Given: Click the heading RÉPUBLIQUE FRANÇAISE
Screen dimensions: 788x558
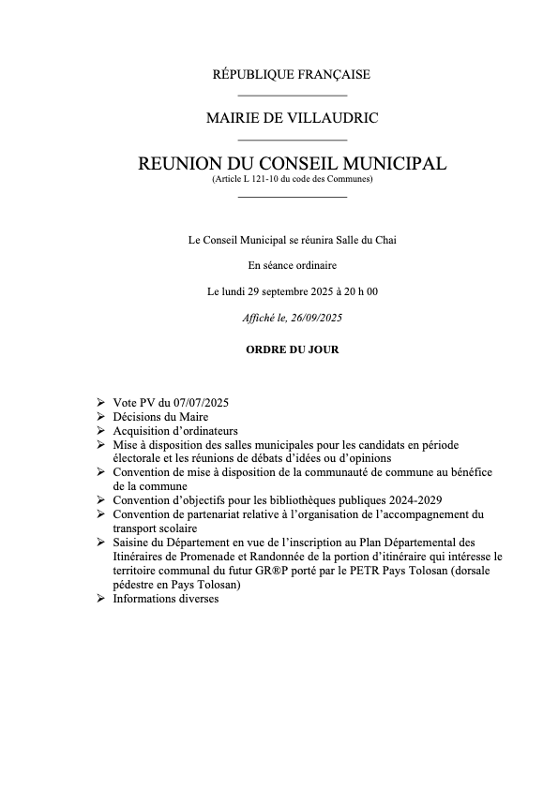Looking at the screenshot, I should (293, 74).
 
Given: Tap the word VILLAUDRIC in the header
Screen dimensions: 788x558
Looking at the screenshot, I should (337, 118).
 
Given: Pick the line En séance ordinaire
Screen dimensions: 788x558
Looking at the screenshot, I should (293, 266).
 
